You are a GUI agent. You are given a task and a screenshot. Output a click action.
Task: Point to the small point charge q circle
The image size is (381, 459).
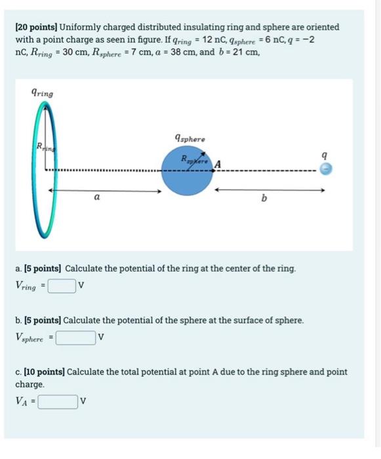click(326, 170)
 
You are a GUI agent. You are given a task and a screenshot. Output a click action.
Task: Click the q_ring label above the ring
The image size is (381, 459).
click(43, 93)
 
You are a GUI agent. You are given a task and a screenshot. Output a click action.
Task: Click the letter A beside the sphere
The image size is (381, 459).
click(217, 163)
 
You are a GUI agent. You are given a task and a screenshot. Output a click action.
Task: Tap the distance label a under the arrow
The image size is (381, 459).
click(97, 196)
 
